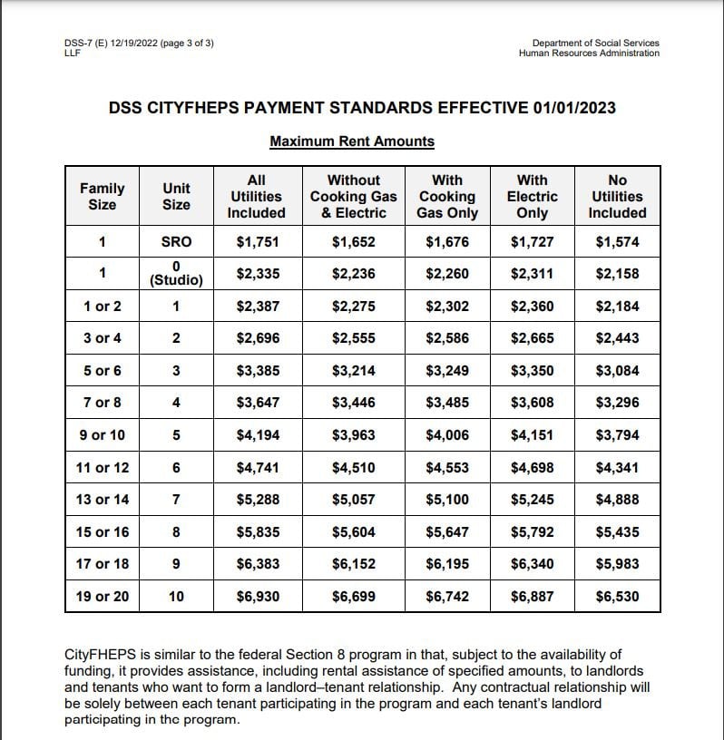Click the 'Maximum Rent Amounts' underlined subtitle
[352, 141]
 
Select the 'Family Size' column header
[102, 196]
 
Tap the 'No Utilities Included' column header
[617, 196]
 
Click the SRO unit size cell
[176, 242]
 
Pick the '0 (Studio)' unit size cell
[176, 273]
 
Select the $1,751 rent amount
[258, 242]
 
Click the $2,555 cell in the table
[353, 338]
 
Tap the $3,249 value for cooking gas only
[447, 370]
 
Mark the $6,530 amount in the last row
[617, 596]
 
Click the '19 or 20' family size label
[102, 596]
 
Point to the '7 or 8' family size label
[102, 403]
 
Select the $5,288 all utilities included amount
[258, 499]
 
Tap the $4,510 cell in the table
[353, 467]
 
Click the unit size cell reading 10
[176, 596]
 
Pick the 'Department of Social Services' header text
[595, 43]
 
